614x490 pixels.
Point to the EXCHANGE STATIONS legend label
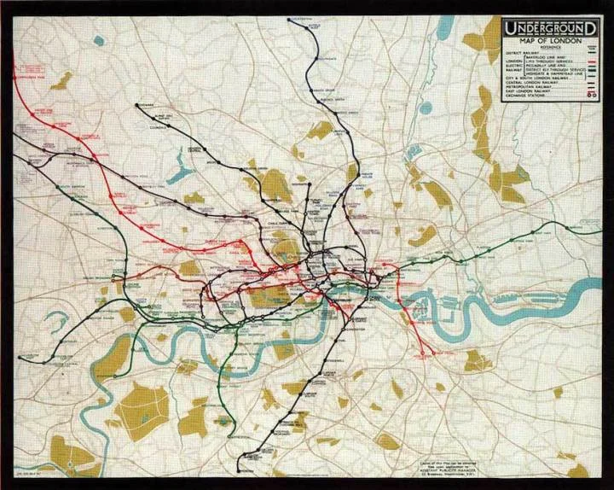coord(524,96)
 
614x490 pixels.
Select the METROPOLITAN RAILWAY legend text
coord(528,85)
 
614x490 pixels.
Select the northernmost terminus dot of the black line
coord(294,19)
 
